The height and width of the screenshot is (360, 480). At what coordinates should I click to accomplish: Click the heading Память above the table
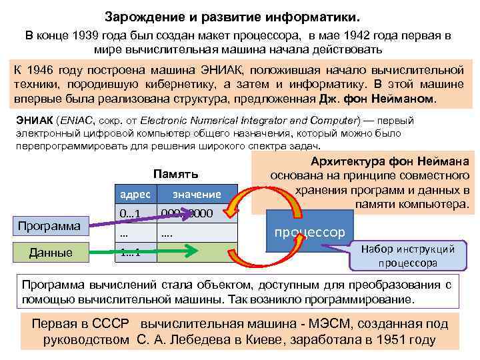[x=175, y=174]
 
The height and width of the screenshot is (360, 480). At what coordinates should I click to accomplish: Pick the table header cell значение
[x=197, y=194]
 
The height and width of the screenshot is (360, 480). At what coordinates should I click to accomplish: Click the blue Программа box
[x=49, y=225]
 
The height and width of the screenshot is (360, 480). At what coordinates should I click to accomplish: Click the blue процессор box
[x=311, y=231]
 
